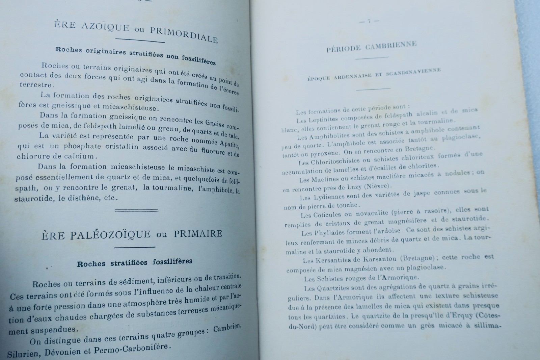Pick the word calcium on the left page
pos(78,156)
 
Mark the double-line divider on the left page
pos(137,210)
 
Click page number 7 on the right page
pos(369,21)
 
